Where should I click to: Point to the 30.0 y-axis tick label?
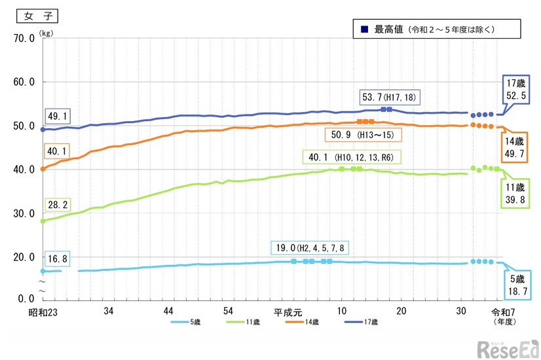click(x=22, y=213)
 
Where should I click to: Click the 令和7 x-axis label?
click(x=502, y=312)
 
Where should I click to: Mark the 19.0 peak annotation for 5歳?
click(x=311, y=248)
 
